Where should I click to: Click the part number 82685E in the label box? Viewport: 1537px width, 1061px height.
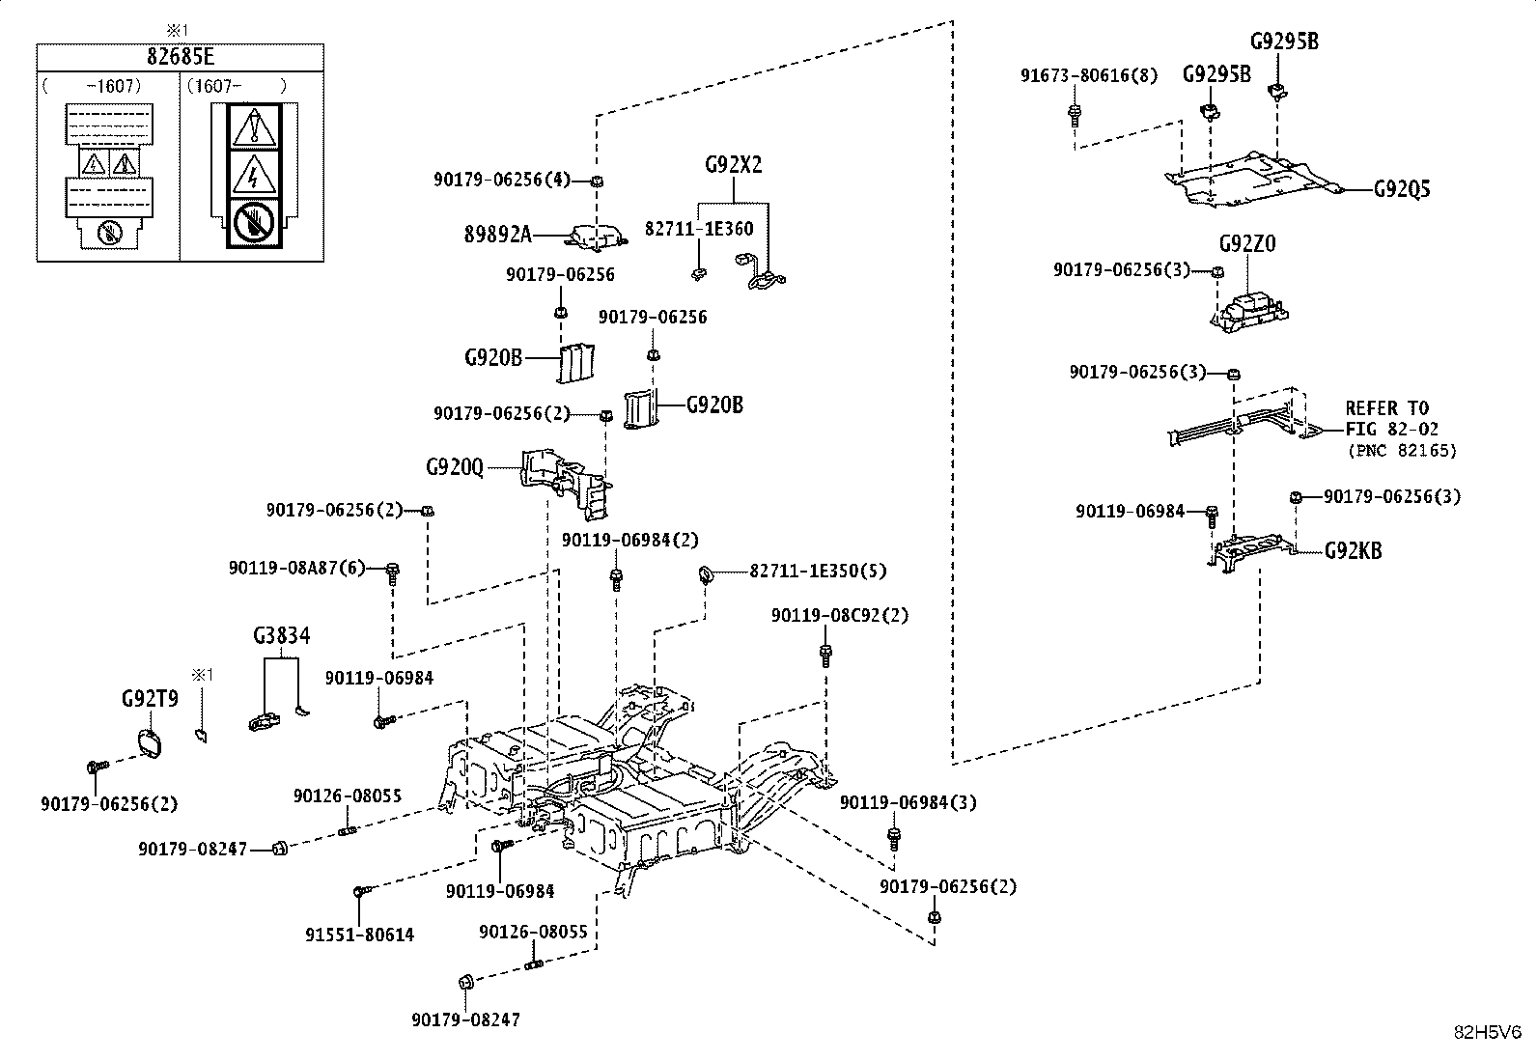point(181,56)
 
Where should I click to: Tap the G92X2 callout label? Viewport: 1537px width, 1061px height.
point(734,165)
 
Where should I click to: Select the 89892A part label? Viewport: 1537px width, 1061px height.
point(498,235)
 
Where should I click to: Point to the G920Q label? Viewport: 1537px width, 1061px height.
point(455,467)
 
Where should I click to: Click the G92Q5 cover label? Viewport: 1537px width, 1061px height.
point(1402,188)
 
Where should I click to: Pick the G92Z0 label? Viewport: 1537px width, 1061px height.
point(1247,243)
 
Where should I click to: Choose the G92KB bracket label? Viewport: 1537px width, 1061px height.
point(1354,550)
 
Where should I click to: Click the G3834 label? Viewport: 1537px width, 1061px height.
point(281,635)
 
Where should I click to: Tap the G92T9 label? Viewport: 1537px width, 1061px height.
point(150,699)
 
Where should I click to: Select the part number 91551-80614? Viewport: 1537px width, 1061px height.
point(359,935)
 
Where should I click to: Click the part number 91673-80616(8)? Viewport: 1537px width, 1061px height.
point(1089,75)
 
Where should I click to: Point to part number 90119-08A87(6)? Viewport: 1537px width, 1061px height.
point(297,569)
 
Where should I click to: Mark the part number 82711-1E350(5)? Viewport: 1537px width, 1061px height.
point(818,571)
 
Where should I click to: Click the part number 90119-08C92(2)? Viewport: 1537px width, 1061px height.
point(840,616)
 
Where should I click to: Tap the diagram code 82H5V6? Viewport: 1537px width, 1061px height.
point(1488,1032)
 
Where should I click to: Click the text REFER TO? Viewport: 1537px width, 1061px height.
point(1386,408)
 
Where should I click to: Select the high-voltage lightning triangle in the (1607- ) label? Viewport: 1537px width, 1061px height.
point(254,175)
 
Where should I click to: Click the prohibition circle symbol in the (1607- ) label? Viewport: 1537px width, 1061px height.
point(254,223)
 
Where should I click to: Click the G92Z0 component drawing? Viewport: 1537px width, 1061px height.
point(1249,312)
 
